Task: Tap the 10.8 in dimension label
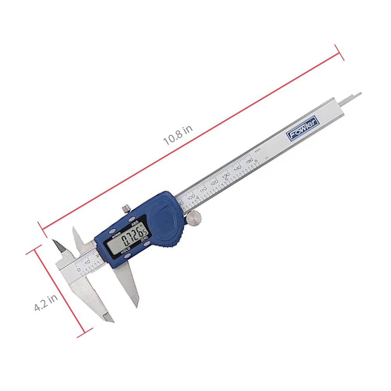(x=178, y=136)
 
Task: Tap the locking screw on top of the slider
(x=126, y=208)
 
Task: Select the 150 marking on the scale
(x=249, y=161)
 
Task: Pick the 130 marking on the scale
(x=226, y=176)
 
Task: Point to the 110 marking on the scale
(x=203, y=190)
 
